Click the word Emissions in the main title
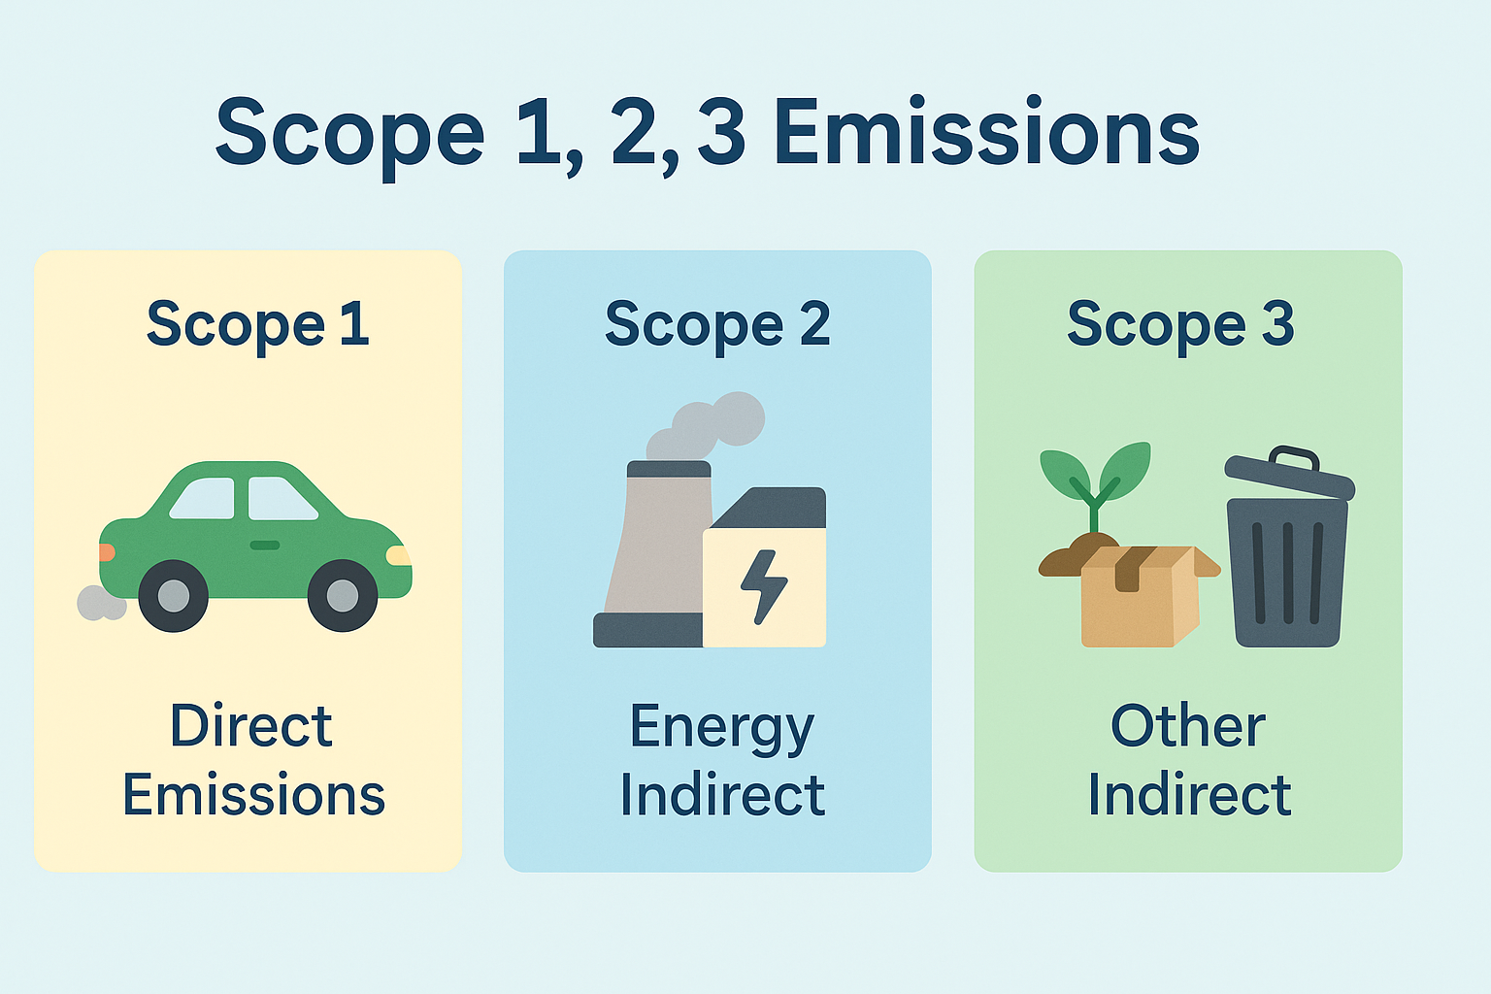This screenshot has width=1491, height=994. tap(986, 134)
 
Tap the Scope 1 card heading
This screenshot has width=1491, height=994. tap(257, 324)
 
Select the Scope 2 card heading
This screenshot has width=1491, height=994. tap(717, 324)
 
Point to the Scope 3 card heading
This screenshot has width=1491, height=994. tap(1180, 324)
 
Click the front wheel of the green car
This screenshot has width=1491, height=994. tap(343, 595)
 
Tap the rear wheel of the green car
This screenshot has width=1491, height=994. tap(173, 595)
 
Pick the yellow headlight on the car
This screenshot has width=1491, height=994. tap(398, 556)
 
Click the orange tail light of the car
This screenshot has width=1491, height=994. tap(106, 552)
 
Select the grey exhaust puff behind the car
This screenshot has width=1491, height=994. tap(100, 603)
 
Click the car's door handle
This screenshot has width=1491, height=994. tap(264, 546)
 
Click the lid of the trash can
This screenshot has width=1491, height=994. tap(1289, 472)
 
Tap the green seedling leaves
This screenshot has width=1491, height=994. tap(1095, 471)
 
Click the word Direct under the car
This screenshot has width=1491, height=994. tap(250, 726)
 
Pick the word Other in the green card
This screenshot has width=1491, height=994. tap(1187, 726)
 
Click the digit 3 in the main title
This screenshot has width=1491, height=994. tap(721, 134)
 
